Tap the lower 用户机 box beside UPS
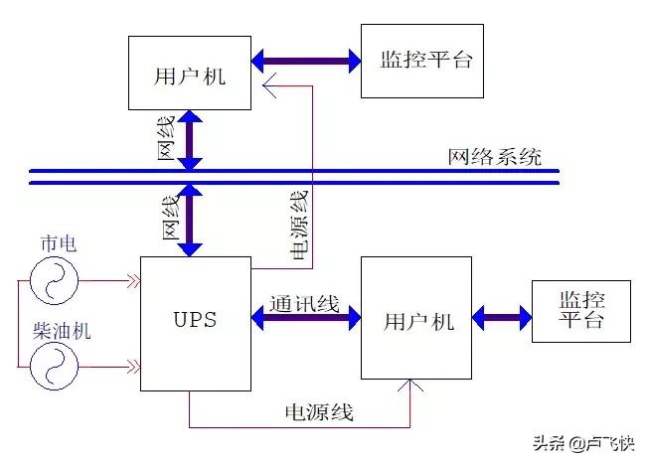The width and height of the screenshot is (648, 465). pos(415,318)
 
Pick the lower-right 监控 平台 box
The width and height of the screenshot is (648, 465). pos(580,311)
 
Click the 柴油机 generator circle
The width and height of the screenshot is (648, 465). pos(53,366)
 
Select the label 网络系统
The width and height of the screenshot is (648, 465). pos(494,156)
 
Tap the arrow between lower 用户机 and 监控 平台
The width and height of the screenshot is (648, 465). pos(501,319)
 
